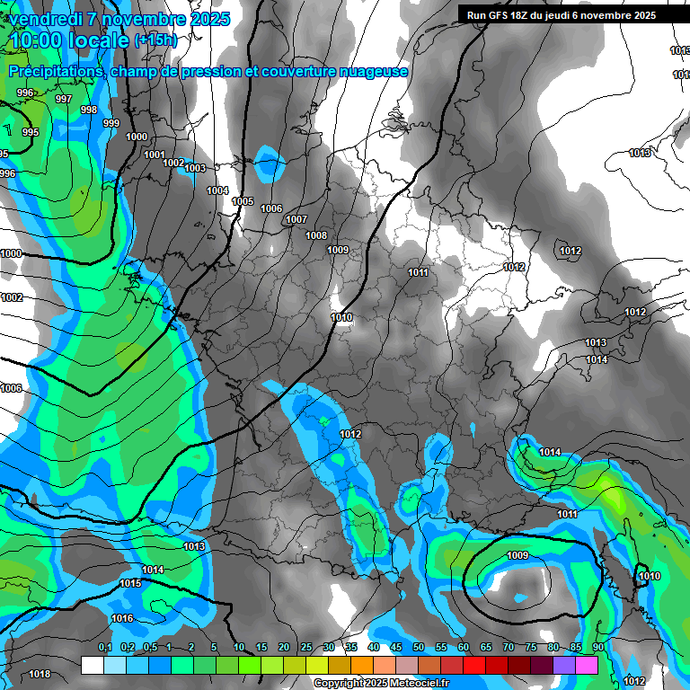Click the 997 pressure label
point(64,100)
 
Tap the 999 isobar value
point(111,124)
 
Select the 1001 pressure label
point(155,155)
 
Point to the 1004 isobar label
point(217,190)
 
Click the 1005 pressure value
point(243,202)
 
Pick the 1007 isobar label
point(296,220)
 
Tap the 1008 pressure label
point(316,235)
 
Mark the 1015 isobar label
point(130,584)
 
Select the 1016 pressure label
point(122,619)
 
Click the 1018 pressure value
point(40,674)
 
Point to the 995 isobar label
point(31,133)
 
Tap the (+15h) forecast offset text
point(155,40)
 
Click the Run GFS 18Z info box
point(562,15)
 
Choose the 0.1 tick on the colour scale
point(104,648)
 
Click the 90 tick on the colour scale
point(598,648)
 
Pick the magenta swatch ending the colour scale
point(587,665)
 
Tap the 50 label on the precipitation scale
point(419,648)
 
